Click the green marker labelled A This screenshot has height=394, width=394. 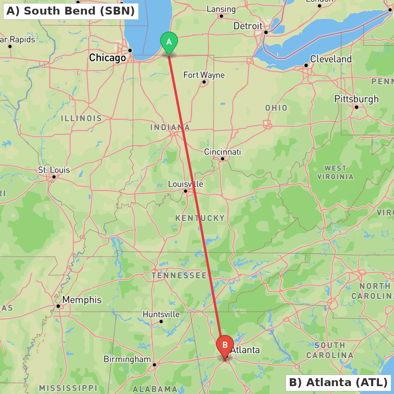(169, 42)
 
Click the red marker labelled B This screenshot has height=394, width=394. (225, 345)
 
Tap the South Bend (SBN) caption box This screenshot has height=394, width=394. (71, 11)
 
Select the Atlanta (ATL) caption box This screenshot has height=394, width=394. (338, 382)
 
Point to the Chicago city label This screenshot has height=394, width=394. (107, 58)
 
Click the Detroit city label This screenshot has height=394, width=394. (248, 26)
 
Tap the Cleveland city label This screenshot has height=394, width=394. (331, 59)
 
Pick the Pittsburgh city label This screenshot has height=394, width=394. (356, 99)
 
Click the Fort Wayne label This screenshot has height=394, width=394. (204, 75)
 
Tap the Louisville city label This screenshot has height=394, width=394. (186, 184)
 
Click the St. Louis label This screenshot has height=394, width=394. (54, 170)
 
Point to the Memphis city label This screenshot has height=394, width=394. (82, 300)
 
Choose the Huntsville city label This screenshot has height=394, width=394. (161, 314)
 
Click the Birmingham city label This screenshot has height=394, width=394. (127, 359)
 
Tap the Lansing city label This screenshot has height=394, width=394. (221, 9)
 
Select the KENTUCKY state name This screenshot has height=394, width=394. (200, 218)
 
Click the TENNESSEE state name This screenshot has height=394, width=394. (179, 275)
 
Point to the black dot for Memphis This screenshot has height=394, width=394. (58, 306)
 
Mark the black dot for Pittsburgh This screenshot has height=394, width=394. (357, 107)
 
